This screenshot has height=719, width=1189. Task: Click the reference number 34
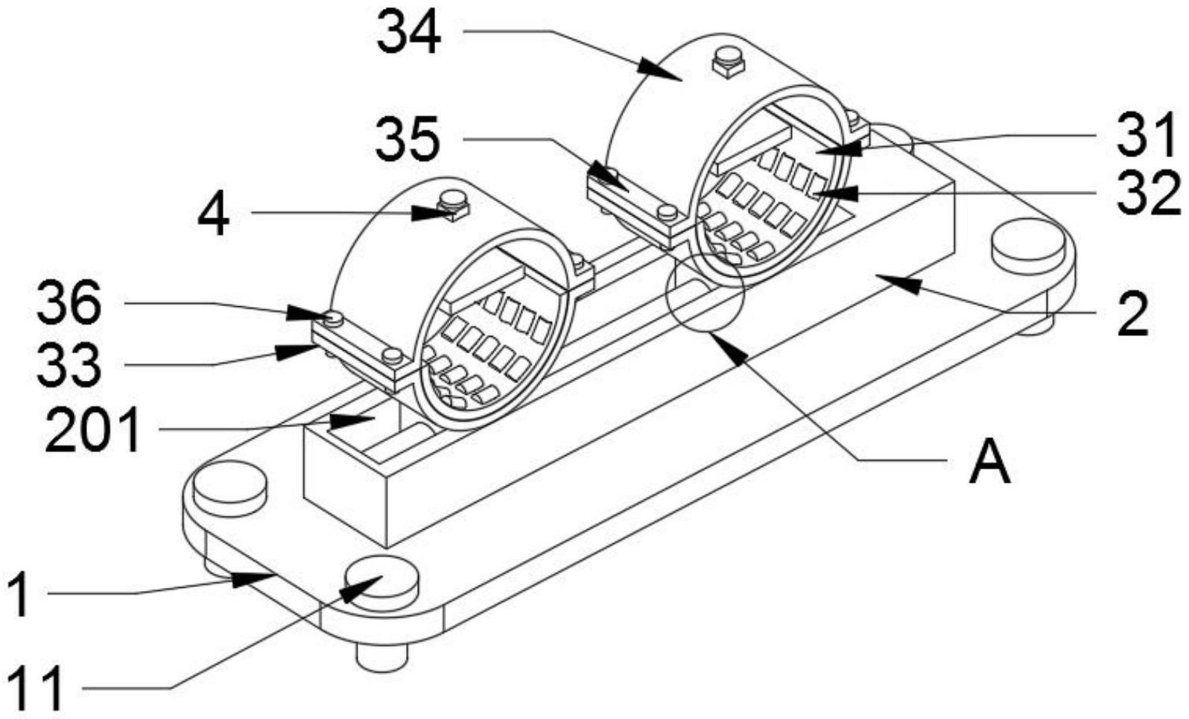[409, 33]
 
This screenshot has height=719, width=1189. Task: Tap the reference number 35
[408, 139]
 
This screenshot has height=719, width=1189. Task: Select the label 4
[213, 214]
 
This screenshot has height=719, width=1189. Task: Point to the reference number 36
[69, 304]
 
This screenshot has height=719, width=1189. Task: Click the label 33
[69, 365]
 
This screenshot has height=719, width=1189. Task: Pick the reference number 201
[93, 429]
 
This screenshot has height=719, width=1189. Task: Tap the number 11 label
[36, 688]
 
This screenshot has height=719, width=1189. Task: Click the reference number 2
[1132, 314]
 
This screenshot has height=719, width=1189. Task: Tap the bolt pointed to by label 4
[453, 205]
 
